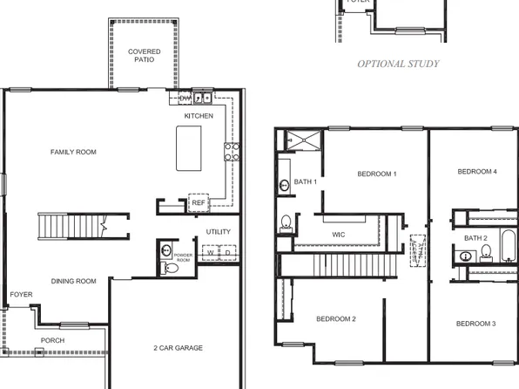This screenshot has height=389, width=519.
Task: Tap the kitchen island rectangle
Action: click(x=192, y=147)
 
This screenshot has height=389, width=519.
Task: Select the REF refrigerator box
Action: click(x=199, y=202)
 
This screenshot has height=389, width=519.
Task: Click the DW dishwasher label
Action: click(x=173, y=98)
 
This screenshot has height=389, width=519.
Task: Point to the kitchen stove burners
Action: click(x=232, y=152)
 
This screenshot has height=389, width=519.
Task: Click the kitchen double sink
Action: click(x=202, y=98)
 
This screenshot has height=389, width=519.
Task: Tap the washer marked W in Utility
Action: click(x=210, y=252)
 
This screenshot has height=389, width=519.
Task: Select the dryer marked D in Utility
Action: click(x=227, y=252)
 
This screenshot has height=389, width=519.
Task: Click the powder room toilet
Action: click(x=170, y=268)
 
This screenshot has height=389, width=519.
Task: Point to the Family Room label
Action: click(x=73, y=153)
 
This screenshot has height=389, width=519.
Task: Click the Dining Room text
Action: click(x=73, y=281)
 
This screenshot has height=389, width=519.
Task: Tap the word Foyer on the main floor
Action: click(x=21, y=295)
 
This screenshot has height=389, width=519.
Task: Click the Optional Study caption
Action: click(x=398, y=64)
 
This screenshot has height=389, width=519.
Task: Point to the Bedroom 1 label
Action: click(x=377, y=174)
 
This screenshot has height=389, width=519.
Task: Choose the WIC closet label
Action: click(x=340, y=235)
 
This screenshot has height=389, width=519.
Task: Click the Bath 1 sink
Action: click(x=285, y=185)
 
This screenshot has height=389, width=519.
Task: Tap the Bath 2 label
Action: click(x=475, y=238)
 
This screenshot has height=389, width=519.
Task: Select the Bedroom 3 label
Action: click(x=476, y=324)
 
